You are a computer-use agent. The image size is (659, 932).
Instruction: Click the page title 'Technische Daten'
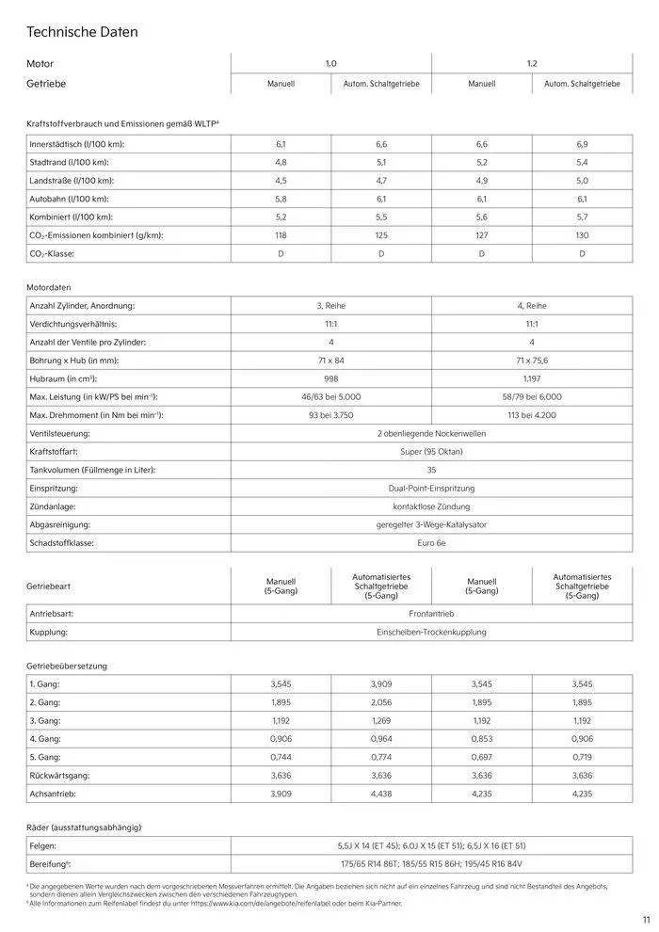(x=83, y=32)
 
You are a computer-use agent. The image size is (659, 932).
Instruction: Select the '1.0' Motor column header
(x=330, y=63)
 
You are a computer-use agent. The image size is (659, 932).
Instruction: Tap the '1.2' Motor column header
(x=532, y=63)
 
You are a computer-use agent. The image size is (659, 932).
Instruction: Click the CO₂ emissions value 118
(x=281, y=235)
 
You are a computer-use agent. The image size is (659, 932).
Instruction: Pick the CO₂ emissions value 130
(x=582, y=235)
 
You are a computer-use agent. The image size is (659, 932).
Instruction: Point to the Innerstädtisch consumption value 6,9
(x=582, y=144)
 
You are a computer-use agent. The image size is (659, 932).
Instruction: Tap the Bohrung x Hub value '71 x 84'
(x=330, y=361)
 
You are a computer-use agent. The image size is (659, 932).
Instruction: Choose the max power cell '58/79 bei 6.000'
(x=532, y=397)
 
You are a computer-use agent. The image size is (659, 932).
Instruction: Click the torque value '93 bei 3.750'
(x=330, y=415)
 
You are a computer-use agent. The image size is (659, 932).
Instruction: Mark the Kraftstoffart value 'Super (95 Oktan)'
(x=431, y=452)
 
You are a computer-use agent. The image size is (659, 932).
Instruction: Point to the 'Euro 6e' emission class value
(x=431, y=543)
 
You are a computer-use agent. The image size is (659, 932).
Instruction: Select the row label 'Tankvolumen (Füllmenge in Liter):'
(x=91, y=470)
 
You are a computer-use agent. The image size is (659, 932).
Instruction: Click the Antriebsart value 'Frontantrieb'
(x=431, y=613)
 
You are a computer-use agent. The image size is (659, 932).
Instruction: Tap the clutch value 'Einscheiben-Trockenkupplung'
(x=431, y=632)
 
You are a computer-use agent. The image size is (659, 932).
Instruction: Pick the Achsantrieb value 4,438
(x=381, y=794)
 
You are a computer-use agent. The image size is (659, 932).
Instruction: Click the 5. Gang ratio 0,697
(x=482, y=757)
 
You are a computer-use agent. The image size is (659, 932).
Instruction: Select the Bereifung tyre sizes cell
(x=431, y=863)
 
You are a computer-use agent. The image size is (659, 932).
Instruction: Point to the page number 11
(x=646, y=920)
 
